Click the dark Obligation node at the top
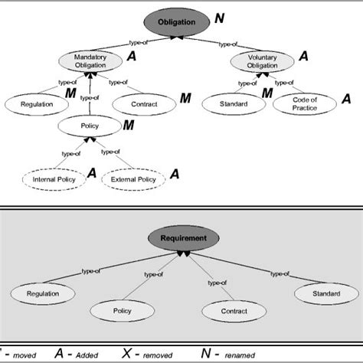(x=181, y=22)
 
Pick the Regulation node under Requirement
(x=43, y=293)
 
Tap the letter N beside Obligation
(x=240, y=17)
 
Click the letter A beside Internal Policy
(x=91, y=174)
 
